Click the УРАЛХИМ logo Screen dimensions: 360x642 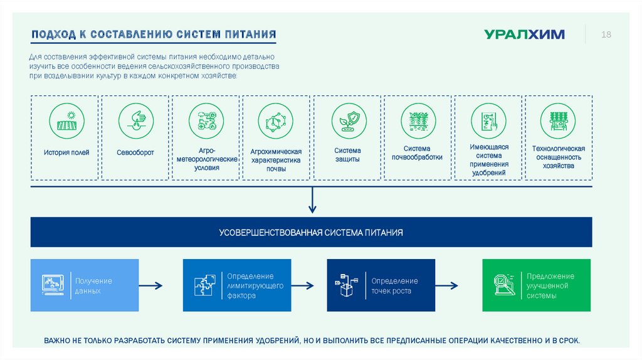tap(524, 34)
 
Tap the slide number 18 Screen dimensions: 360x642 tap(606, 34)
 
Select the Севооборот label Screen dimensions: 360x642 tap(135, 152)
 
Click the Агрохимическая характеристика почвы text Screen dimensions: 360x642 tap(276, 161)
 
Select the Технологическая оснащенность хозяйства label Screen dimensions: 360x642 tap(559, 157)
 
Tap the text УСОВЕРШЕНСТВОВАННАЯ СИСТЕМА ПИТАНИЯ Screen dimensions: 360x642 tap(311, 233)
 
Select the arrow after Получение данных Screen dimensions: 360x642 tap(150, 286)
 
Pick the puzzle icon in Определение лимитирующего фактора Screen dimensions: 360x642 tap(206, 285)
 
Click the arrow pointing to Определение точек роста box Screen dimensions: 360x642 tap(302, 286)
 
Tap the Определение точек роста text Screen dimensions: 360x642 tap(394, 286)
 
